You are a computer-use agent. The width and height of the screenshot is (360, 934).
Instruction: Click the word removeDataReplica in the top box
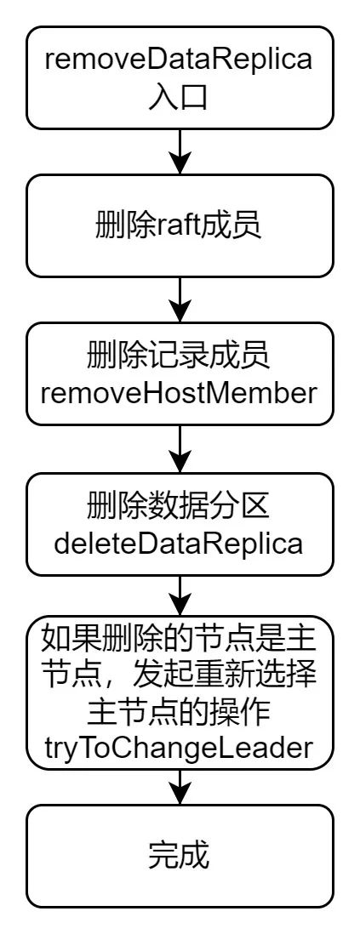(179, 60)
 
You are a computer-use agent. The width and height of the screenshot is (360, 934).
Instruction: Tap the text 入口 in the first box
(179, 96)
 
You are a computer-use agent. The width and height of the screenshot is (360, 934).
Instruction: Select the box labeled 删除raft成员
(179, 225)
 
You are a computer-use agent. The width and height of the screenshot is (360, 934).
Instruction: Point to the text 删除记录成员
(179, 357)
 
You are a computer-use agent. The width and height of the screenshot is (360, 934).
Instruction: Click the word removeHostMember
(179, 394)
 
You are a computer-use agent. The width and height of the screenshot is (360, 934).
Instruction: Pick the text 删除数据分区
(179, 507)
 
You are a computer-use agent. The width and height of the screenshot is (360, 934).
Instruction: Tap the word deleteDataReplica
(179, 544)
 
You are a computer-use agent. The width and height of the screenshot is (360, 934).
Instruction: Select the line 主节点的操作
(179, 711)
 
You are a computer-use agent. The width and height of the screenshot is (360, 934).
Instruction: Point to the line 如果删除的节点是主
(179, 641)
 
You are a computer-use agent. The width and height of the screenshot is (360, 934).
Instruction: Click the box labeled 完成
(179, 856)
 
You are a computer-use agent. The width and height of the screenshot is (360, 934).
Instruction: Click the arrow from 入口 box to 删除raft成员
(179, 151)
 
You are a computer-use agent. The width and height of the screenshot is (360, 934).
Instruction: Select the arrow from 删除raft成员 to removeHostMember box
(179, 299)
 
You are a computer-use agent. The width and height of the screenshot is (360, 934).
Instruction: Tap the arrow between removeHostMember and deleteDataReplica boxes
(179, 449)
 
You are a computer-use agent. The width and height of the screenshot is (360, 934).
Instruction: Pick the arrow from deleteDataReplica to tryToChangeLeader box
(179, 599)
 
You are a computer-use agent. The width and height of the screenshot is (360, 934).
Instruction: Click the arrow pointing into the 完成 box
(179, 785)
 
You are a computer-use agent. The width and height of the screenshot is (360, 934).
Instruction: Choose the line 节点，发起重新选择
(179, 676)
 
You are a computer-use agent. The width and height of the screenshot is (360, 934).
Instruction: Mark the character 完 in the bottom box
(163, 857)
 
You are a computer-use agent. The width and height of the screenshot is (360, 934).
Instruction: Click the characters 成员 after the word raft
(229, 227)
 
